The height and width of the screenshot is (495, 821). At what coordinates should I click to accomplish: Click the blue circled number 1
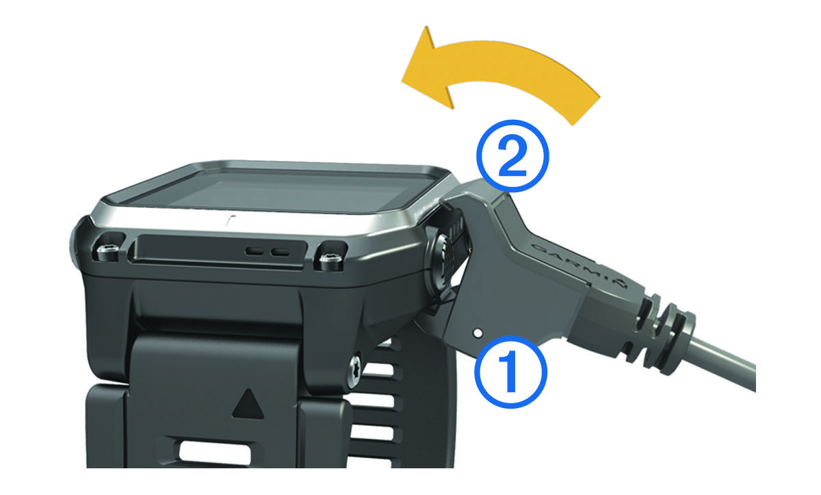click(x=510, y=372)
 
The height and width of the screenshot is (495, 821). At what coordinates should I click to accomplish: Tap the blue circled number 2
click(x=512, y=156)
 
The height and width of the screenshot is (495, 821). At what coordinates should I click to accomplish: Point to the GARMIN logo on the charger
click(x=579, y=265)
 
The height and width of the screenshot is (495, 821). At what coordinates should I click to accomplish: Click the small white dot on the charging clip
click(x=478, y=333)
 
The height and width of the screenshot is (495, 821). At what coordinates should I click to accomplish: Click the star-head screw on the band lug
click(x=355, y=367)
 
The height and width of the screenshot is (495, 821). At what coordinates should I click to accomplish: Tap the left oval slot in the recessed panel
click(x=255, y=251)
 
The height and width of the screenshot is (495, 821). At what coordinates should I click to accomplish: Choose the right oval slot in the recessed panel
click(x=281, y=252)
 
